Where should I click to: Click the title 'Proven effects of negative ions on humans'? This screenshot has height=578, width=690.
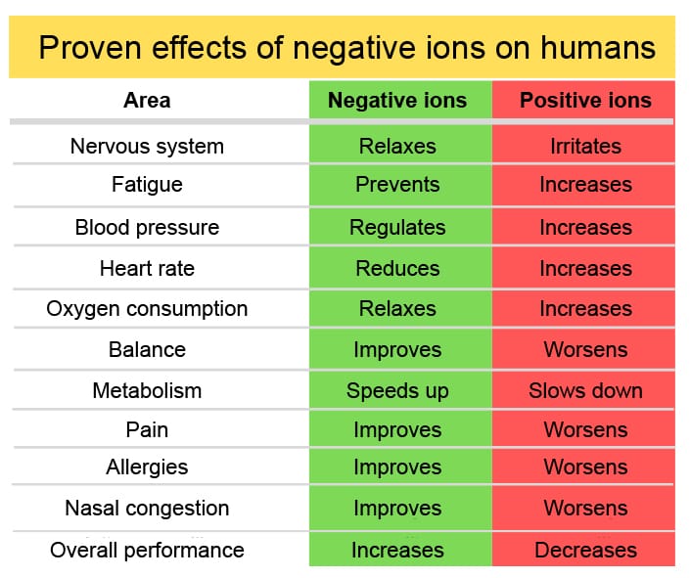point(346,47)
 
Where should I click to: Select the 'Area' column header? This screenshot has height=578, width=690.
point(147,100)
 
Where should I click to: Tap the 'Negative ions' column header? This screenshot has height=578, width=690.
point(397,100)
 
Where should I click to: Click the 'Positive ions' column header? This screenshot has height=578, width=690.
point(585,100)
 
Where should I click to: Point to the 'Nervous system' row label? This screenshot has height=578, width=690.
point(147,147)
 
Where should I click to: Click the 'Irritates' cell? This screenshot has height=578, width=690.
point(585,147)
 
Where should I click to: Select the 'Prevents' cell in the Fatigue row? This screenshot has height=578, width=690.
point(397,184)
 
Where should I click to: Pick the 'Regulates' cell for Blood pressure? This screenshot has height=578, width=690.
point(397,227)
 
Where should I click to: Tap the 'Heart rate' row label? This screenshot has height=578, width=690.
point(147,268)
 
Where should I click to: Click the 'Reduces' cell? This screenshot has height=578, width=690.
point(397,268)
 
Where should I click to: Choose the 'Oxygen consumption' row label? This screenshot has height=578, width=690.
point(147,309)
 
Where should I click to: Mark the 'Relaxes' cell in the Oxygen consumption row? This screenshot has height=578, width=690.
point(397,309)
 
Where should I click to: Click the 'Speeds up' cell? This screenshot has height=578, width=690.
point(397,391)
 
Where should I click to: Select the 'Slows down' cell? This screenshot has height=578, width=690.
point(585,391)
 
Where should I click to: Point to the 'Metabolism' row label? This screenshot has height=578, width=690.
point(147,391)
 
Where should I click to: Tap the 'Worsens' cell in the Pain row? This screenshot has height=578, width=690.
point(585,430)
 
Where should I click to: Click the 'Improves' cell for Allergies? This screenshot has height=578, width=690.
point(397,467)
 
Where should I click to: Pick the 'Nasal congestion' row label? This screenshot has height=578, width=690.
point(147,509)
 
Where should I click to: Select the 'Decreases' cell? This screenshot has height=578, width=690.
point(585,551)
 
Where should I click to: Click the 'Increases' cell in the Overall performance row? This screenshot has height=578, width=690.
point(397,551)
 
